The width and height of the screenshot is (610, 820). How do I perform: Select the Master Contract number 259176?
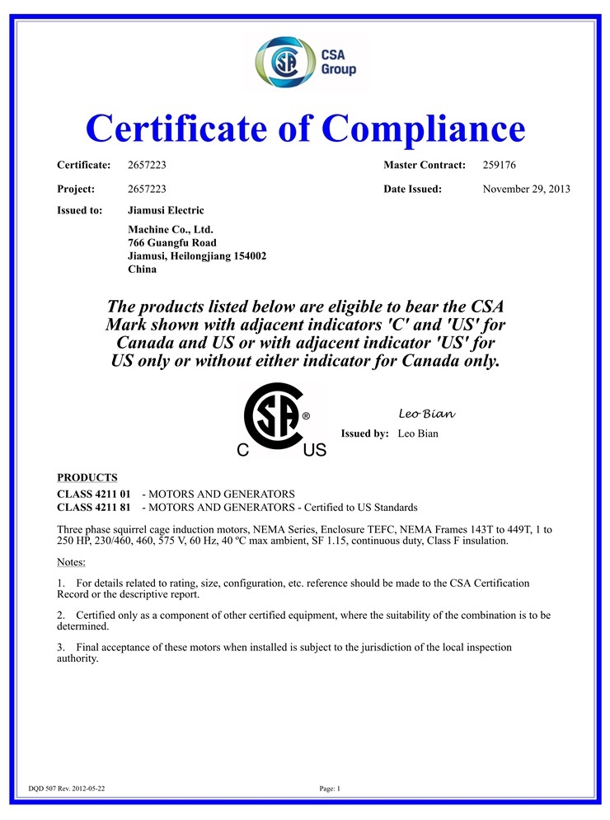click(499, 166)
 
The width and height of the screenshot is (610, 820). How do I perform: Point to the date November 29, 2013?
click(526, 189)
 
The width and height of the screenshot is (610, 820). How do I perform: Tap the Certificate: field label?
click(83, 166)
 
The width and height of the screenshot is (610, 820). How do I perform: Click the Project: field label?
click(76, 189)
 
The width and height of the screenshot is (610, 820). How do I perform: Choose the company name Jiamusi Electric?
click(166, 211)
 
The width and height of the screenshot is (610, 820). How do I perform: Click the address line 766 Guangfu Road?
click(172, 242)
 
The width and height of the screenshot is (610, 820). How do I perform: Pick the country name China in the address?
click(143, 269)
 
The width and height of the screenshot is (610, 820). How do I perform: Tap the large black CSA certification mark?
click(274, 417)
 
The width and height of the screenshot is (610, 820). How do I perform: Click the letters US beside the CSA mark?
click(314, 451)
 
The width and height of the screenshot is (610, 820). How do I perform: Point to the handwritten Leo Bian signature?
click(427, 413)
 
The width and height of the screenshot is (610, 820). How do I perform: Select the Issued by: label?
click(364, 433)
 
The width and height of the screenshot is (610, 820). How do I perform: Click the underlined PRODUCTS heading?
click(87, 478)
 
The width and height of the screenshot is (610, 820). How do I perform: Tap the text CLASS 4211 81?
click(94, 507)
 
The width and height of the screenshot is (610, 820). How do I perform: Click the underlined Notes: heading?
click(71, 561)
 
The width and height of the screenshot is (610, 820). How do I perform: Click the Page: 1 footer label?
click(330, 789)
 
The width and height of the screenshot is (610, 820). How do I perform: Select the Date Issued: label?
click(412, 189)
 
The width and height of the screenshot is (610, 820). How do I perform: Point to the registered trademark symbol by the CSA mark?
click(307, 417)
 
